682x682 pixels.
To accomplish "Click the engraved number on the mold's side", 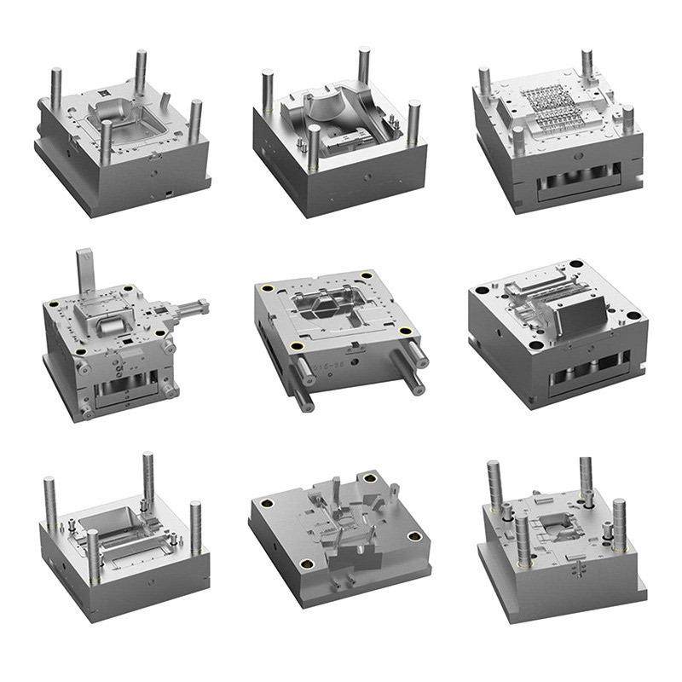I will [x=331, y=367].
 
